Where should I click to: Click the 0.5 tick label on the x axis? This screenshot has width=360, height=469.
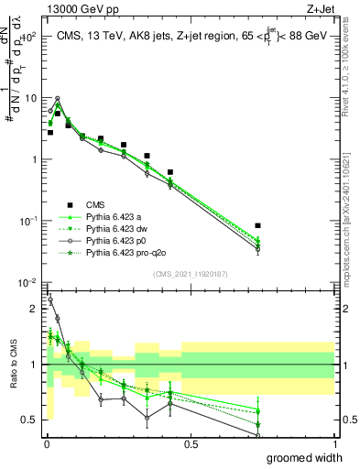pyautogui.click(x=191, y=443)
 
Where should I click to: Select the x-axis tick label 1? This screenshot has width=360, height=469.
pyautogui.click(x=334, y=443)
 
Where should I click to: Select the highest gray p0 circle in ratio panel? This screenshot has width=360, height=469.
pyautogui.click(x=50, y=300)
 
